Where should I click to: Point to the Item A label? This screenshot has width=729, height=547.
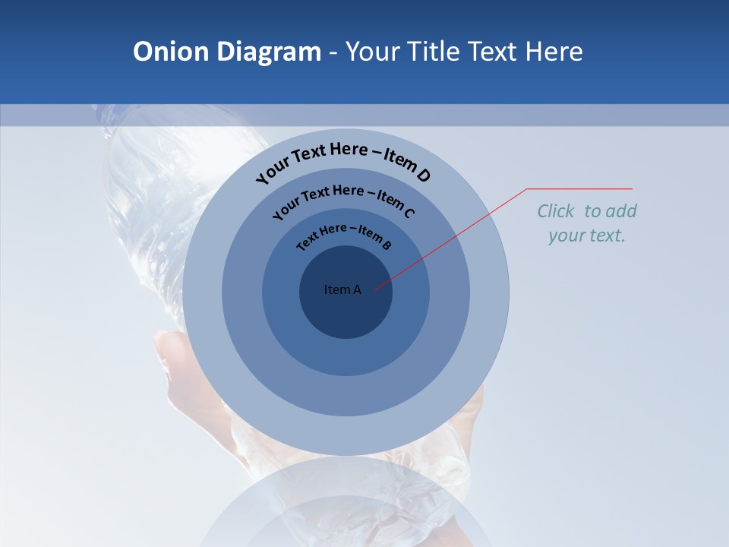pyautogui.click(x=342, y=289)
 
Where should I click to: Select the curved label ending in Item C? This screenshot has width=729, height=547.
pyautogui.click(x=343, y=199)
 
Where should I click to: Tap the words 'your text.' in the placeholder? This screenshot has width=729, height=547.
pyautogui.click(x=587, y=236)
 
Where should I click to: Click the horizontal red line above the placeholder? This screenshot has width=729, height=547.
pyautogui.click(x=580, y=188)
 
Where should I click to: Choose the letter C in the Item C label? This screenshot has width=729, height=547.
pyautogui.click(x=409, y=213)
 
